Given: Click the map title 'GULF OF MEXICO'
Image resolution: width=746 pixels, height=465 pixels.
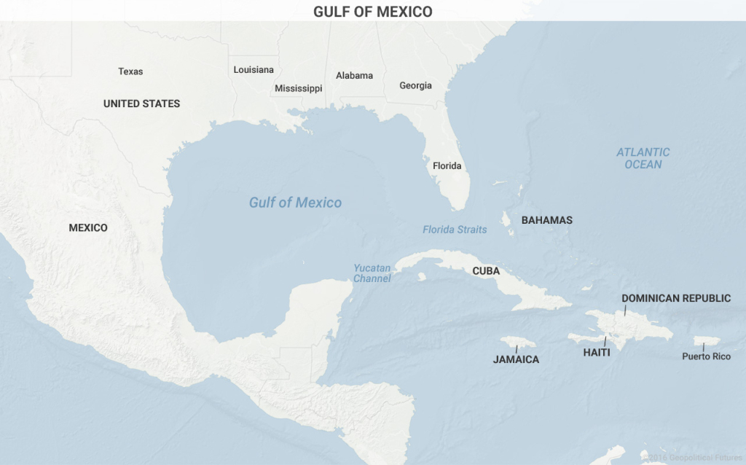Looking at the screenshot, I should tap(372, 12).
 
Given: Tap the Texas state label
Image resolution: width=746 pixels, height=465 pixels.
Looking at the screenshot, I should tap(130, 71).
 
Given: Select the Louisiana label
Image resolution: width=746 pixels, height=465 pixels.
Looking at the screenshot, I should tap(254, 70).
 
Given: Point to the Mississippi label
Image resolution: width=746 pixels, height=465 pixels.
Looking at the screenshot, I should tap(298, 88).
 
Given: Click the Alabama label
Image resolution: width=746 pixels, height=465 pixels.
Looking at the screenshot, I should tap(354, 75).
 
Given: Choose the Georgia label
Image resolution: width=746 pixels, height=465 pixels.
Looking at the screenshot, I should tap(415, 85).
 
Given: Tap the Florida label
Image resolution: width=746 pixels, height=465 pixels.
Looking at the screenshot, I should tap(447, 165).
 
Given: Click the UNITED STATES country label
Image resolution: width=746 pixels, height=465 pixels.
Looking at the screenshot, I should tap(141, 103).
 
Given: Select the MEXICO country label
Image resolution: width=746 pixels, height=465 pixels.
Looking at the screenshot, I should tap(88, 227).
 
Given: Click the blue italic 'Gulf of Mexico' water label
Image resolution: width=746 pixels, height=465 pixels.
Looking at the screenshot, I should tap(295, 203).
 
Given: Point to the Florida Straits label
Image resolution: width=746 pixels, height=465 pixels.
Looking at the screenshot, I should tap(455, 230).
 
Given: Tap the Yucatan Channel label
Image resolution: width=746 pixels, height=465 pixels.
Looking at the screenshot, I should tap(372, 273).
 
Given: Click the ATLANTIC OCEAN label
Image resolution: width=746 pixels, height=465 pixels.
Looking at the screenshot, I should tap(643, 158).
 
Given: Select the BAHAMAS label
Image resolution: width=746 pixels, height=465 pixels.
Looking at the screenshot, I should tap(546, 220).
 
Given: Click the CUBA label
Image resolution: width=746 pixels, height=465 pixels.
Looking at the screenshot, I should tap(486, 270).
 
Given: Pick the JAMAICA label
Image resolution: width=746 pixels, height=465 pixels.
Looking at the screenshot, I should tap(516, 359).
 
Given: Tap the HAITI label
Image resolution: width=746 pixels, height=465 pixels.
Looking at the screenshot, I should tap(596, 352).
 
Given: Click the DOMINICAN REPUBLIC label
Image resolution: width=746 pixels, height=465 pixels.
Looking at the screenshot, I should tap(675, 298).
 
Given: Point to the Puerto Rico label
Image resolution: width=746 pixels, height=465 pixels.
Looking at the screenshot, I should tap(706, 356).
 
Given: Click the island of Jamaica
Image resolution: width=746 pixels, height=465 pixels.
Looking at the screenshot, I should tap(517, 342).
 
